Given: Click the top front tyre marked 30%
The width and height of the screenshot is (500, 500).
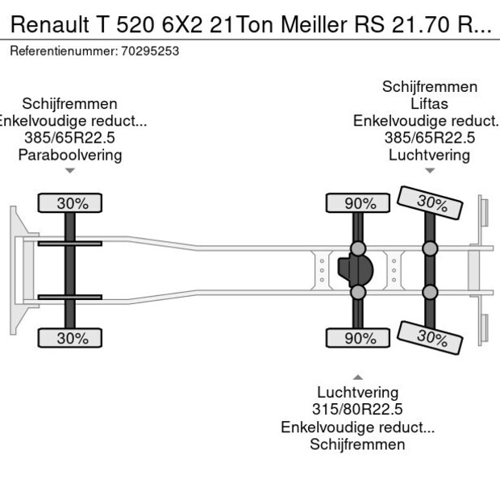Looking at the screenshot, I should [x=72, y=203].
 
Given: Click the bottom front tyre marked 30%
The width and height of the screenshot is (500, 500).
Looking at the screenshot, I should [x=72, y=338].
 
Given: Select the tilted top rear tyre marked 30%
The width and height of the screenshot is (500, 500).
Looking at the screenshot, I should [x=431, y=202].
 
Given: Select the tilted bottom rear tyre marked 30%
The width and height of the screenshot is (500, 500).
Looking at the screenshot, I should [x=431, y=336].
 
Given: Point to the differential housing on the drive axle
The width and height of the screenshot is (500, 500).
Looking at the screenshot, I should [x=357, y=271].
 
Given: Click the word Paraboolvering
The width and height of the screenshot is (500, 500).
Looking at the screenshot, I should [x=70, y=155].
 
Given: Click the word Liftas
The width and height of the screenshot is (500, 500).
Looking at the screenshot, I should [x=429, y=103].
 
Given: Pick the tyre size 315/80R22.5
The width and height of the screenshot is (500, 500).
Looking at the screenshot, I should [x=357, y=410].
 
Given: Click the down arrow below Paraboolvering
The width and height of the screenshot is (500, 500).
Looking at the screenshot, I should [x=70, y=170].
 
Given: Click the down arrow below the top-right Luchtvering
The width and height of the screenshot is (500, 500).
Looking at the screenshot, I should [x=430, y=170].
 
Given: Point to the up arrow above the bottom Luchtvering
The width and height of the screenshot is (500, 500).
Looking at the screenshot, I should [x=357, y=377].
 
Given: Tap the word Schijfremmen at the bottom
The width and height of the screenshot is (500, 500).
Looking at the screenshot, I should [x=357, y=444].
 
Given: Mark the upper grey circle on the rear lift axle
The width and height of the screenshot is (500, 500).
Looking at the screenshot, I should [x=431, y=248].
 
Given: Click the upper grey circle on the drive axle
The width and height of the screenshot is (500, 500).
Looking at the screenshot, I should [x=358, y=248].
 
